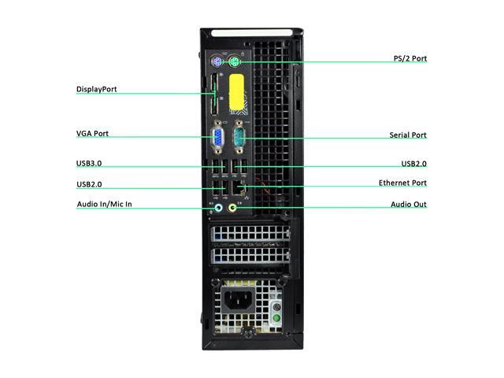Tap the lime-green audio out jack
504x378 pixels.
click(x=232, y=208)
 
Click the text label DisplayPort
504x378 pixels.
click(x=97, y=89)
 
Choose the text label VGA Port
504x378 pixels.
click(x=93, y=134)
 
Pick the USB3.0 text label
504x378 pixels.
click(x=89, y=163)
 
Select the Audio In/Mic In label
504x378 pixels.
click(x=104, y=205)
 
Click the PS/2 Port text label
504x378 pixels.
click(x=409, y=58)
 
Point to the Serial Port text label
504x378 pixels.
click(x=408, y=135)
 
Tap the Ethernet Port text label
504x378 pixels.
click(x=402, y=183)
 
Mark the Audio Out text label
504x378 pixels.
click(x=409, y=205)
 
